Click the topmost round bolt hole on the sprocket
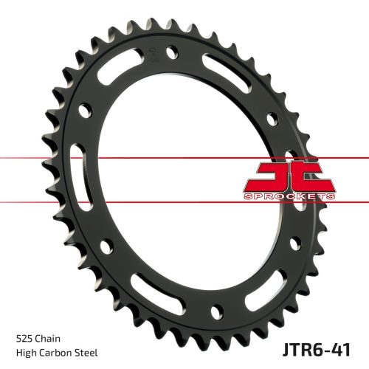172,53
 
